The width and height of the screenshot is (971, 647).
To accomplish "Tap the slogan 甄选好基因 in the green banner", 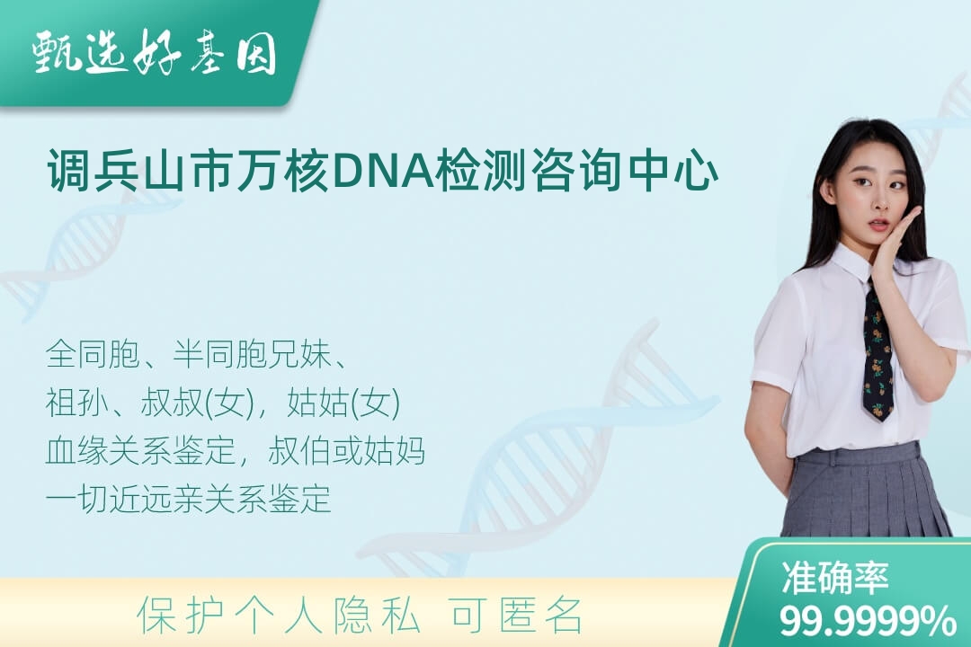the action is tap(155, 52).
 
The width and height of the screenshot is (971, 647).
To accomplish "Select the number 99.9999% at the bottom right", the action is tap(868, 620).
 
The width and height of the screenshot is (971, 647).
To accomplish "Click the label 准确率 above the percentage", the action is tap(835, 578).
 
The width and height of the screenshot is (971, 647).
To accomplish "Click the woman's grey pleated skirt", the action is tap(866, 492).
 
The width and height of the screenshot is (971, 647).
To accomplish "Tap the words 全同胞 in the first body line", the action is tap(93, 355).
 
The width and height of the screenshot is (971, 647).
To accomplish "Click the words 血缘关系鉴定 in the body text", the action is tap(140, 451).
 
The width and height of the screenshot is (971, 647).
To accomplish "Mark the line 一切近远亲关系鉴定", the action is tap(188, 499).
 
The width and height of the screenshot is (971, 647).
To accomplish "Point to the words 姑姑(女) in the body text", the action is tap(343, 403).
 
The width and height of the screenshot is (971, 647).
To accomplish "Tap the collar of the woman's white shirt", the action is tap(860, 263).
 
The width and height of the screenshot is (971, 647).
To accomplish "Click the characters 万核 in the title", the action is tap(282, 171).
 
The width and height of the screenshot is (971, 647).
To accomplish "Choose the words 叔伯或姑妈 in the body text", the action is tap(347, 451).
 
